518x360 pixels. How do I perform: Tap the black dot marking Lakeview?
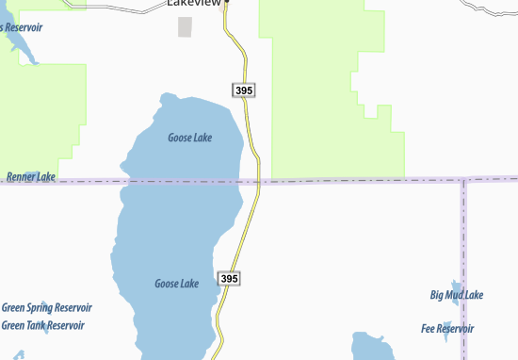tap(226, 2)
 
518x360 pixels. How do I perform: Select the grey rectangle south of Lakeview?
tap(185, 26)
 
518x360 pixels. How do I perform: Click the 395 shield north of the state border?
tap(242, 90)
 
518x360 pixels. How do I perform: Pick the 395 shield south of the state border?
tap(229, 279)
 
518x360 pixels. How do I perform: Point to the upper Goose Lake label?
tap(189, 138)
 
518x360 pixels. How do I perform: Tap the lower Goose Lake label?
tap(176, 284)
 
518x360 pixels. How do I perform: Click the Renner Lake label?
tap(31, 176)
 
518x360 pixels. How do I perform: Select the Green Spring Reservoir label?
tap(46, 308)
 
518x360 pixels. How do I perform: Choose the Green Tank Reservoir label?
tap(43, 325)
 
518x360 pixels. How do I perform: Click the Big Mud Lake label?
tap(457, 295)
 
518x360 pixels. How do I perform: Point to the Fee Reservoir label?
tap(447, 328)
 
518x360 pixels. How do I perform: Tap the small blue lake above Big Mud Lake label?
tap(456, 285)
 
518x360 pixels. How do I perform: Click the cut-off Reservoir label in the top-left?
tap(21, 27)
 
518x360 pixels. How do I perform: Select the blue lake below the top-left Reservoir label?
tap(26, 51)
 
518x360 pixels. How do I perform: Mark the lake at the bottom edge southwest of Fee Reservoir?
tap(370, 346)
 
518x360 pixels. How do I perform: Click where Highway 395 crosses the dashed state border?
tap(256, 180)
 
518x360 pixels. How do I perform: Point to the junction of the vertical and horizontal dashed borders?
tap(463, 179)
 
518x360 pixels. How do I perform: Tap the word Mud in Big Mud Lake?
tap(456, 295)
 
